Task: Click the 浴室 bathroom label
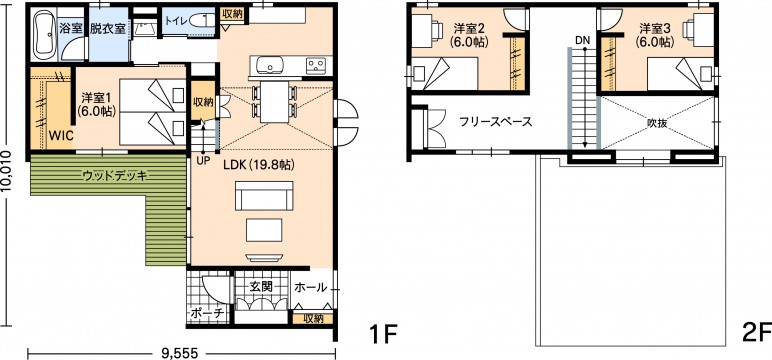click(70, 28)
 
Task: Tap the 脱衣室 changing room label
click(107, 28)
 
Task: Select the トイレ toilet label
click(176, 21)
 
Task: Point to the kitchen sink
click(269, 65)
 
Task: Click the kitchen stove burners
click(316, 65)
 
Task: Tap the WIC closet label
click(61, 134)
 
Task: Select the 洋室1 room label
click(96, 104)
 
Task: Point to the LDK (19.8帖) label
click(258, 165)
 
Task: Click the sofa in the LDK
click(264, 196)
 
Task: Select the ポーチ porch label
click(207, 312)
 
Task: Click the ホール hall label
click(310, 287)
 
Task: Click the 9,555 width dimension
click(180, 352)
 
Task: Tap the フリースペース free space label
click(496, 122)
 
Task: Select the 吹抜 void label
click(657, 123)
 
